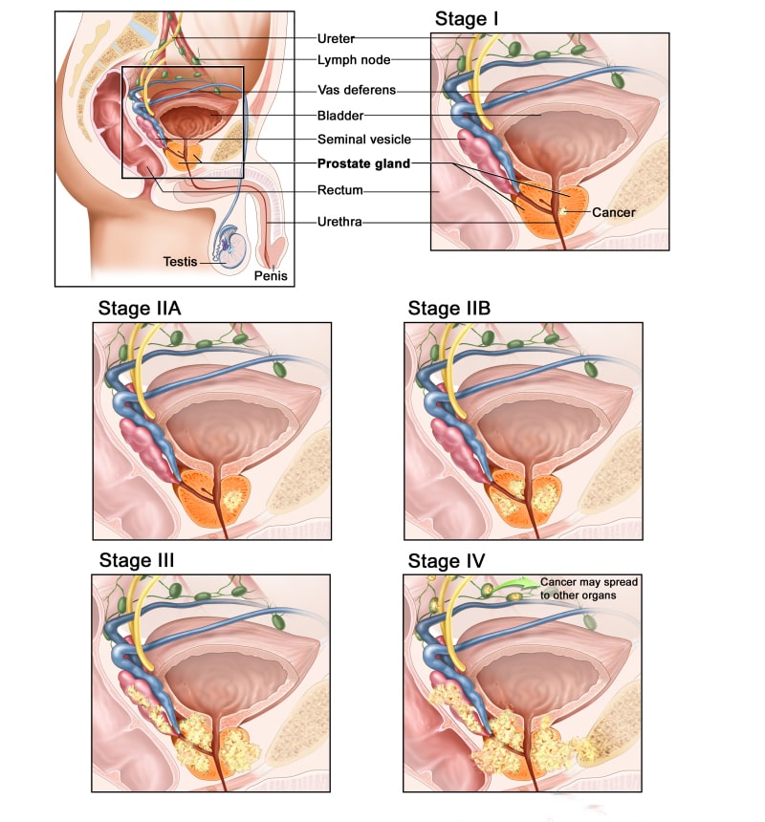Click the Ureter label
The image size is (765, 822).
(336, 39)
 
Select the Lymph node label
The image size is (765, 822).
(354, 60)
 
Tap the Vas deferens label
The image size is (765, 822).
(357, 90)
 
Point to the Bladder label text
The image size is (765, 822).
(340, 116)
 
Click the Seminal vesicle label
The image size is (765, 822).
(364, 140)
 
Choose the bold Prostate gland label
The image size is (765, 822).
(364, 163)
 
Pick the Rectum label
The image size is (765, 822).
(340, 190)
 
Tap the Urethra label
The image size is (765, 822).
(339, 222)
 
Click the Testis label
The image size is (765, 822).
(180, 262)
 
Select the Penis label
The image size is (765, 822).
(271, 275)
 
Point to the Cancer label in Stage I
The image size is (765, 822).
(614, 212)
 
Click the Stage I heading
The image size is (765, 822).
(467, 19)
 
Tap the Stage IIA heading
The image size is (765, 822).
(140, 308)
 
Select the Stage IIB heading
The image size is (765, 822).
(449, 308)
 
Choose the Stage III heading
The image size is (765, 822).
(137, 560)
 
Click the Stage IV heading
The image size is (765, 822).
(447, 561)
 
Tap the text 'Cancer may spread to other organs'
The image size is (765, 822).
(589, 589)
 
